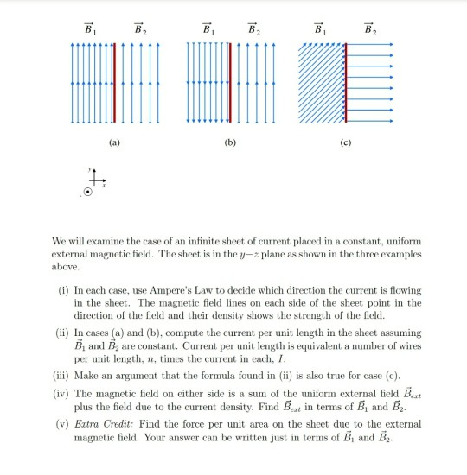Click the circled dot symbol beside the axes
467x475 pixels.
[86, 196]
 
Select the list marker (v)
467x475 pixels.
[62, 425]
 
